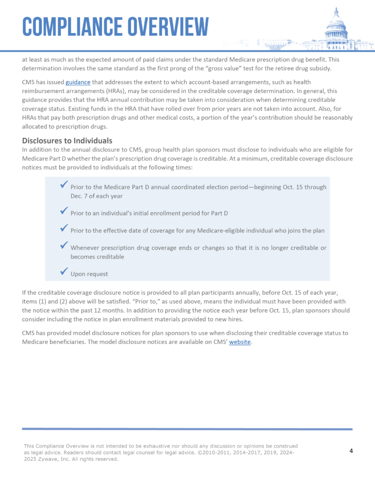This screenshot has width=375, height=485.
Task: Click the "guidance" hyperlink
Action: tap(78, 82)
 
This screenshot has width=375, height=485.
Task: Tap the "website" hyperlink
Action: tap(240, 341)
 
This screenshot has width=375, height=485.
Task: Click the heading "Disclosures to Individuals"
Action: tap(67, 140)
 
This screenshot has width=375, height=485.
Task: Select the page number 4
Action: tap(351, 450)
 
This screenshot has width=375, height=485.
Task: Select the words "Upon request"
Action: tap(89, 274)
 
